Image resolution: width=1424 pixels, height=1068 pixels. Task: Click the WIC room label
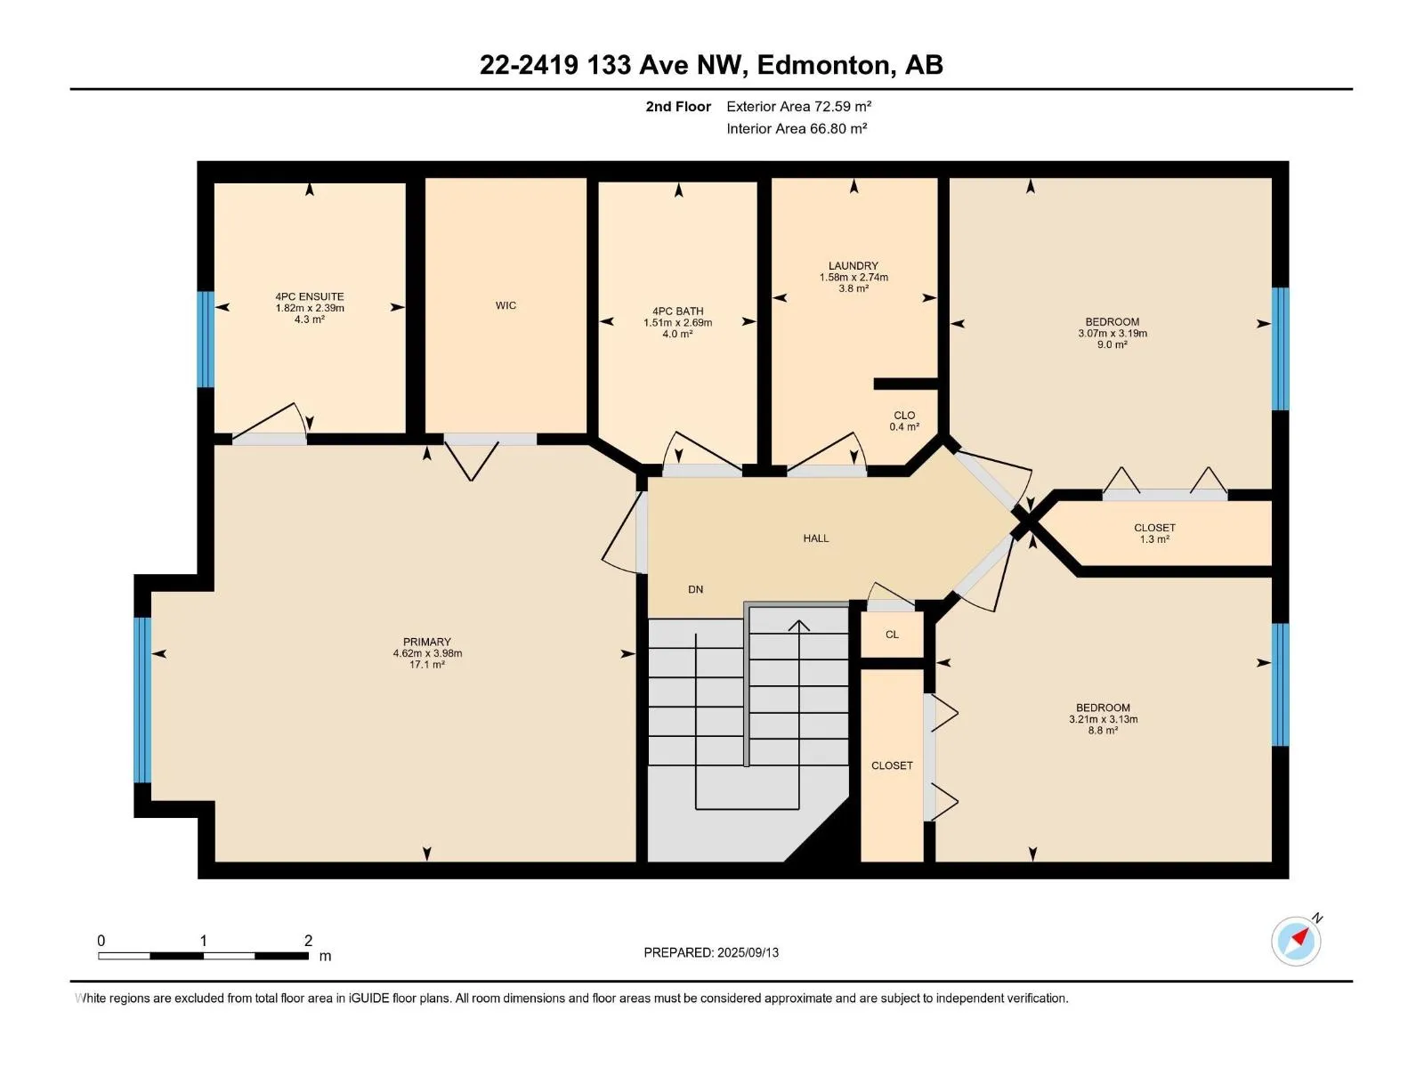[506, 305]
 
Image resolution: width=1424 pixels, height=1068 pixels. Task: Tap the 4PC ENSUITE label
[310, 297]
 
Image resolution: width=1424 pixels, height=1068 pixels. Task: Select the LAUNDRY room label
[854, 266]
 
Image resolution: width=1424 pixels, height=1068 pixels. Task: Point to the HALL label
[815, 538]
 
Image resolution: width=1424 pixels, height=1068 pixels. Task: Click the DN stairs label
[695, 589]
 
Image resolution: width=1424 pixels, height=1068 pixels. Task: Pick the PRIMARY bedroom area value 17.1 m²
[427, 665]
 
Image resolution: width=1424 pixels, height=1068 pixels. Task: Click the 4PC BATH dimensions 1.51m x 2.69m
[677, 322]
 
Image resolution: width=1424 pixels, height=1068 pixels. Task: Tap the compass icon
[1296, 941]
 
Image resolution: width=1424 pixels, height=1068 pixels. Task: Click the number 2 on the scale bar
[308, 940]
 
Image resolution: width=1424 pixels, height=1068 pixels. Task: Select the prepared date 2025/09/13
[748, 952]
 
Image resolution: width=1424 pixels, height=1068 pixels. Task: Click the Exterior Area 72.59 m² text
[798, 106]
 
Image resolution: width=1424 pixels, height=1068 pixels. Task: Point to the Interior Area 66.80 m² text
[797, 128]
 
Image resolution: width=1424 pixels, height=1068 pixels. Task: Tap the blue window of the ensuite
[206, 339]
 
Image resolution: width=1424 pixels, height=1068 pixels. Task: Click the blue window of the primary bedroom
[142, 700]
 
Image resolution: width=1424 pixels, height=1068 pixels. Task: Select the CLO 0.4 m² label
[904, 421]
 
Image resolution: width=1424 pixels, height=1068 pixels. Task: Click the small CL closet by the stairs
[892, 635]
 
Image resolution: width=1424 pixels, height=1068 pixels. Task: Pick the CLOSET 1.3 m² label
[1154, 533]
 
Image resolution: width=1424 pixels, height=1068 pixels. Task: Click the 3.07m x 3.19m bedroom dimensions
[1112, 333]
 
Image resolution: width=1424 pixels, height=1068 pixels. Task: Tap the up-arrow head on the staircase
[799, 626]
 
